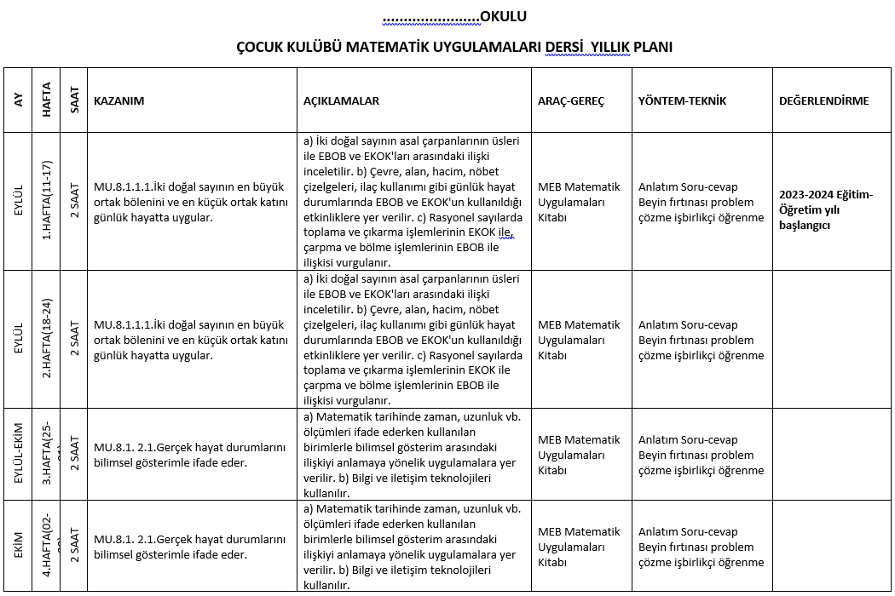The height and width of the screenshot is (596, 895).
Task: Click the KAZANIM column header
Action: coord(118,100)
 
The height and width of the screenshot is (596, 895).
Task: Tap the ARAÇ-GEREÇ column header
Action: coord(570,100)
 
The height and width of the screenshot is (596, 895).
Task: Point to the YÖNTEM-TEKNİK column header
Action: coord(682,100)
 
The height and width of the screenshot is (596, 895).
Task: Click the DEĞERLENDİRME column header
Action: coord(823,100)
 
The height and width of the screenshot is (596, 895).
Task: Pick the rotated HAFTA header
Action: coord(47,100)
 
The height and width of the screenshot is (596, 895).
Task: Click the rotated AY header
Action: coord(19,100)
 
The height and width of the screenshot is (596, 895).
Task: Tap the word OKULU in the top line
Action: coord(503,16)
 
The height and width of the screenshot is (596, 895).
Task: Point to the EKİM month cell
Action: coord(19,547)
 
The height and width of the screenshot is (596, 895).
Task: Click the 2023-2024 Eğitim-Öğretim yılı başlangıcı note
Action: coord(826,209)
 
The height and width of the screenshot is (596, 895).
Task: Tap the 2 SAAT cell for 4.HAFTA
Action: coord(75,547)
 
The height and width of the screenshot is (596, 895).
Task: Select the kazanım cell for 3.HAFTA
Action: coord(189,455)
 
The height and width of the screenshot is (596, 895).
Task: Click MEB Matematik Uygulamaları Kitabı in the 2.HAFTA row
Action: coord(579,340)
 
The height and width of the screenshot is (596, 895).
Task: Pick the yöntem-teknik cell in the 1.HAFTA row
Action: coord(701,202)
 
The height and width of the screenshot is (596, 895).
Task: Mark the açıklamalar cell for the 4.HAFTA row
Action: coord(413,547)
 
